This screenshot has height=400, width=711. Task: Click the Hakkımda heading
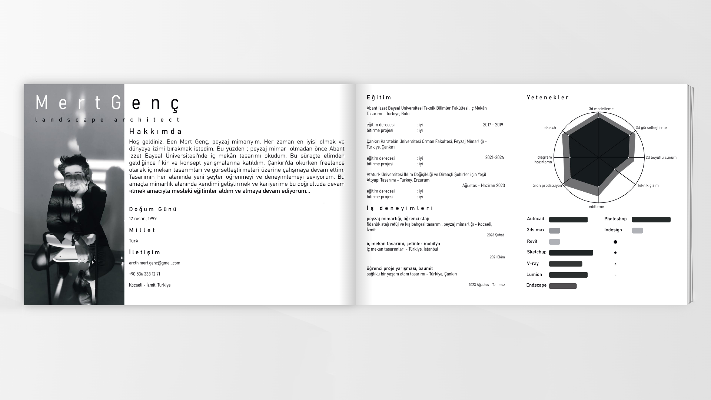[156, 132]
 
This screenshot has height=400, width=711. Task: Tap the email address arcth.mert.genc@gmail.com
[155, 263]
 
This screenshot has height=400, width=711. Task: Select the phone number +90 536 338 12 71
[144, 274]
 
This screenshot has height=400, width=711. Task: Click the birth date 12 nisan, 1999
[143, 219]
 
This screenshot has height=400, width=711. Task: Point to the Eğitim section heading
[379, 98]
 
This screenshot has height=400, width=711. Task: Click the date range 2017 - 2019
[493, 125]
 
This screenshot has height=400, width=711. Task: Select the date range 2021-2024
[494, 158]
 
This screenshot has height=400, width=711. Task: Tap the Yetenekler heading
[548, 98]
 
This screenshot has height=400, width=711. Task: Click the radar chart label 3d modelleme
[601, 109]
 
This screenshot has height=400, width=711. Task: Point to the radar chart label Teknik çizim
[648, 186]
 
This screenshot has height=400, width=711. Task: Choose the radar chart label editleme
[596, 207]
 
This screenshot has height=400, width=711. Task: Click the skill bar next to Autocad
[568, 220]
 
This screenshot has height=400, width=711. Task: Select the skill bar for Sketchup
[571, 253]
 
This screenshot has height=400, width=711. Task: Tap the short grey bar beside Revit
[554, 242]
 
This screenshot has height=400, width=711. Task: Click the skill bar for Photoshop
[651, 220]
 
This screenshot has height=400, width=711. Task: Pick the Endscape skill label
[536, 285]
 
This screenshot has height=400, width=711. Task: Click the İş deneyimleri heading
[400, 208]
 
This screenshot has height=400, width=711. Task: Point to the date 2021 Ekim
[497, 257]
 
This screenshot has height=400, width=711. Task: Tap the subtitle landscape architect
[107, 120]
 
